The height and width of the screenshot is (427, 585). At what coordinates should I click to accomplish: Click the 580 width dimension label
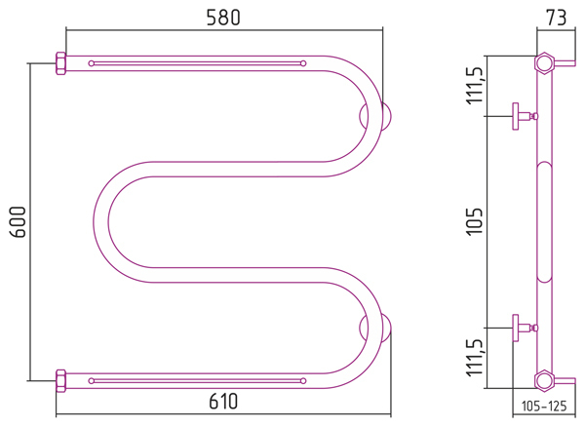223,18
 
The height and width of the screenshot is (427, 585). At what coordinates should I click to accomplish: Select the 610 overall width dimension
223,402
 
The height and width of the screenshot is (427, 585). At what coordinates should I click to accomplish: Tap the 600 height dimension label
18,222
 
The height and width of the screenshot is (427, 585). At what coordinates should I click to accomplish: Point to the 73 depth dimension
556,18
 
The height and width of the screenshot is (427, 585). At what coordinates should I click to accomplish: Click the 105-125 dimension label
544,406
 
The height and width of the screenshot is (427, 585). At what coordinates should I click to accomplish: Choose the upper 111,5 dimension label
476,86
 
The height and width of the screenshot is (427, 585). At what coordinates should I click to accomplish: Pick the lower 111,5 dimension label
476,358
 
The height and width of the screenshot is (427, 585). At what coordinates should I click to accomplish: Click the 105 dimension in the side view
476,221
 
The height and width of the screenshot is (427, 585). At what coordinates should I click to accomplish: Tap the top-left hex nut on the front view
60,63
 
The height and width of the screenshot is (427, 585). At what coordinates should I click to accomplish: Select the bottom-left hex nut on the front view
60,381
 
